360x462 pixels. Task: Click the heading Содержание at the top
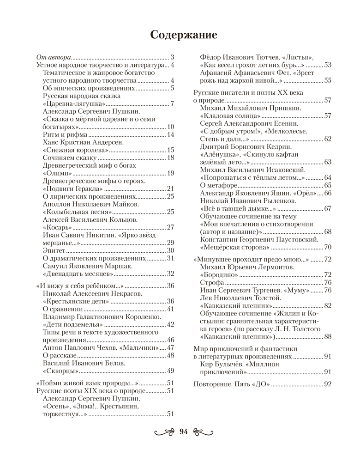click(x=180, y=35)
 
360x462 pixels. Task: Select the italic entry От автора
click(x=53, y=57)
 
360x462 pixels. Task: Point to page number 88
click(x=328, y=337)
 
